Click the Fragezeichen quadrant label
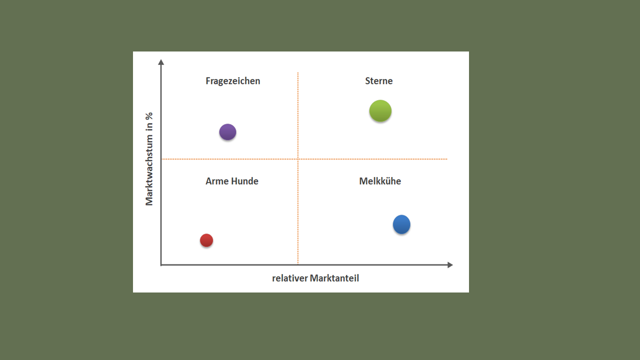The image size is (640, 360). pos(233,81)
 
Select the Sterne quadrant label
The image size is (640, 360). pos(379,81)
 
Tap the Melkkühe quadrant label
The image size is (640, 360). pos(380,181)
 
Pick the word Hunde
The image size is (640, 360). pos(245,181)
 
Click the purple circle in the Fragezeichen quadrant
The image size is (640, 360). pos(227,132)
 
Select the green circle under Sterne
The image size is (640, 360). pos(380,111)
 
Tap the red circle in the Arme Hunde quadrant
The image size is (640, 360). pos(206,240)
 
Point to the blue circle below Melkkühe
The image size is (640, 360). pos(401,224)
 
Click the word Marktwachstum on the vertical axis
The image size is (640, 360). pos(149,170)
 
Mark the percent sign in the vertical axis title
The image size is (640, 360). pos(149,116)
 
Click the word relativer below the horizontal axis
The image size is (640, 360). pos(289,278)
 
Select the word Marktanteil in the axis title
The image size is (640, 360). pos(334,278)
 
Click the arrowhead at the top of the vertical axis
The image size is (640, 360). pos(161,61)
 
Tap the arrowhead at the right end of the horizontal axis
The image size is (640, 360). pos(450,265)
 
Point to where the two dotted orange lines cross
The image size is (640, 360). pos(298,159)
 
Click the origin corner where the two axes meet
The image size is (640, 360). pos(161,265)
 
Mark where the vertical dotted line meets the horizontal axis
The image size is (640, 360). pos(298,265)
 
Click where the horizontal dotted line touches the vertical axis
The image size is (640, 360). pos(161,159)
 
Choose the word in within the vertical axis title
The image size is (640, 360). pos(149,127)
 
